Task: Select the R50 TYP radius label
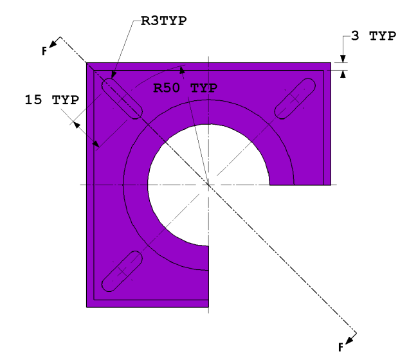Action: tap(185, 87)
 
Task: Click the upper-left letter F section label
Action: tap(44, 51)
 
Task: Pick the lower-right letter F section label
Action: tap(341, 347)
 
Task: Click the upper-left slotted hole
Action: tap(121, 98)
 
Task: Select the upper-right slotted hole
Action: tap(295, 98)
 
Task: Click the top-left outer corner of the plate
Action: tap(87, 63)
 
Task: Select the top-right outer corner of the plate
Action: tap(331, 63)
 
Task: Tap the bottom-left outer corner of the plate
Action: tap(87, 307)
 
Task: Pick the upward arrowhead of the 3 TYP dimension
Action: tap(343, 73)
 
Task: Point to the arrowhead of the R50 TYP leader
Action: tap(185, 66)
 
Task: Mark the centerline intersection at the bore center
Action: tap(208, 185)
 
